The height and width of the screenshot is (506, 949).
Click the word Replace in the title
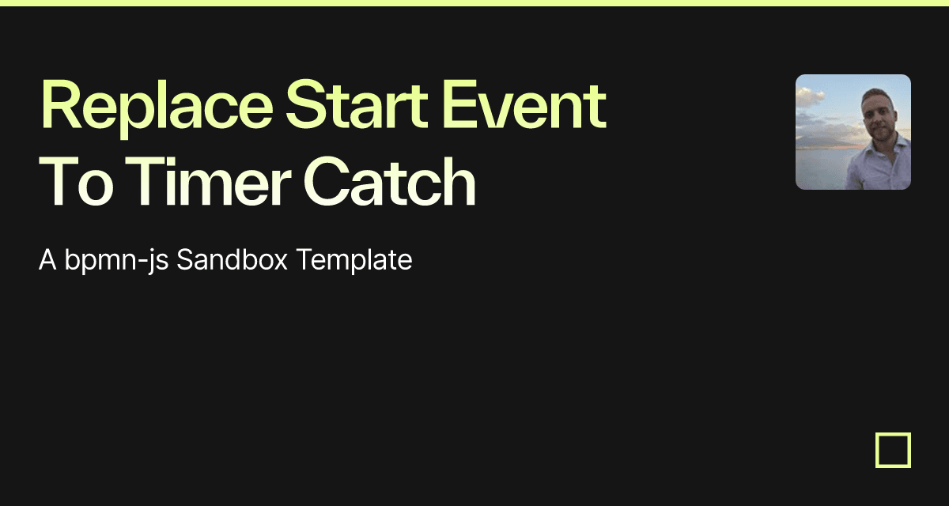[x=157, y=108]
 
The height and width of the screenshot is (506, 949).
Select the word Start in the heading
[x=357, y=104]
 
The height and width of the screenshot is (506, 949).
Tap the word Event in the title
[x=524, y=104]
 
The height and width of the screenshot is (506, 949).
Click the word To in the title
[x=76, y=181]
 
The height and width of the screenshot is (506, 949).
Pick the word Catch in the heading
[x=389, y=181]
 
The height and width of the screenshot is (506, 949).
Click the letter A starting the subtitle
[x=47, y=259]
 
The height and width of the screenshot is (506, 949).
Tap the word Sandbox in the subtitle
[x=233, y=259]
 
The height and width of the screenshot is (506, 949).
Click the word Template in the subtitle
[x=354, y=260]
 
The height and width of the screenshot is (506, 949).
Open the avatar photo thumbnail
[x=853, y=132]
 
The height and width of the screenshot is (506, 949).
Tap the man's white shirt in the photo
[x=882, y=165]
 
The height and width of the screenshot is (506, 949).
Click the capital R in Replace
[x=59, y=104]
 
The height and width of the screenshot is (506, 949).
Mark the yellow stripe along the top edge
[x=475, y=3]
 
